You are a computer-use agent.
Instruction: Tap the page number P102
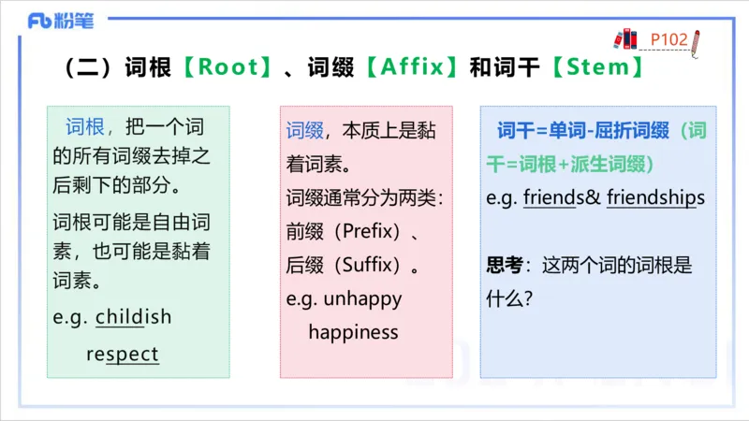pyautogui.click(x=669, y=39)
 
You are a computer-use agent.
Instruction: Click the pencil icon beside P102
pyautogui.click(x=698, y=43)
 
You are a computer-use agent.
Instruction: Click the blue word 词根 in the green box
pyautogui.click(x=87, y=128)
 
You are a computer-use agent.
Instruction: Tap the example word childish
pyautogui.click(x=133, y=316)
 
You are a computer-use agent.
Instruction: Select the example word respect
pyautogui.click(x=123, y=355)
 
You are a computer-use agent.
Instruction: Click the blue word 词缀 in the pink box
pyautogui.click(x=304, y=130)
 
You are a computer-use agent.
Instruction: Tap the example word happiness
pyautogui.click(x=353, y=332)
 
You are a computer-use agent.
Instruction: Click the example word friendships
pyautogui.click(x=655, y=198)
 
